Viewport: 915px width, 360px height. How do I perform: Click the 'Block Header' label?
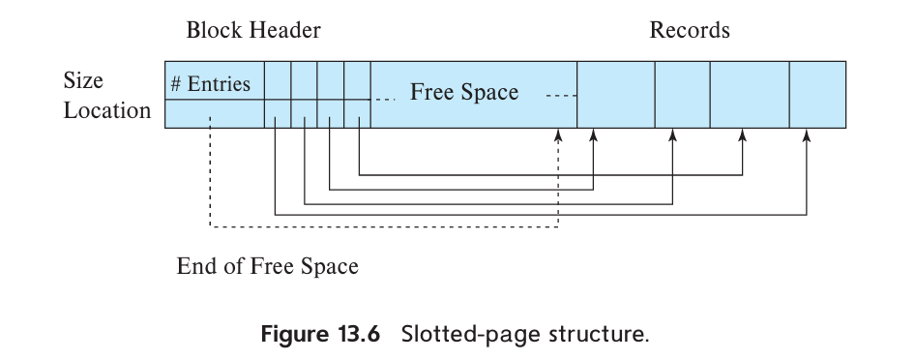pos(253,30)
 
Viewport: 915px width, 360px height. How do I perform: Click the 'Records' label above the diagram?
pos(689,30)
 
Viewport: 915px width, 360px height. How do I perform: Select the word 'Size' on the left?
pos(83,80)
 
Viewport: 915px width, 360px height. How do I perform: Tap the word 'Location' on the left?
pos(107,110)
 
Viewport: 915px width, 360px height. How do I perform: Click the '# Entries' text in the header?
pos(210,83)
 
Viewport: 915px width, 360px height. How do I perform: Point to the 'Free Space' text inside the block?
pos(464,92)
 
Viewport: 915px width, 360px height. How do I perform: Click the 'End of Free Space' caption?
pos(267,265)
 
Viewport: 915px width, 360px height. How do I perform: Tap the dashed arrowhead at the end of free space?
pos(558,136)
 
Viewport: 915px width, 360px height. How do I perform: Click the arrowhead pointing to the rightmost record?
pos(806,136)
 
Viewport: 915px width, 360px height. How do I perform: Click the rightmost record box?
pos(817,94)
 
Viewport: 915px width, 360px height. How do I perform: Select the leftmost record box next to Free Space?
pos(615,94)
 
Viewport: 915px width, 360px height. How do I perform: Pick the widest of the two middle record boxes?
pos(750,94)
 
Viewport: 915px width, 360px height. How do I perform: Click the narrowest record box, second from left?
pos(682,94)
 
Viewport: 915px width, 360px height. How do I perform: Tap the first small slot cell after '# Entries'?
pos(277,79)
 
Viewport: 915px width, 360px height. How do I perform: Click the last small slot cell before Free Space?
pos(357,79)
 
